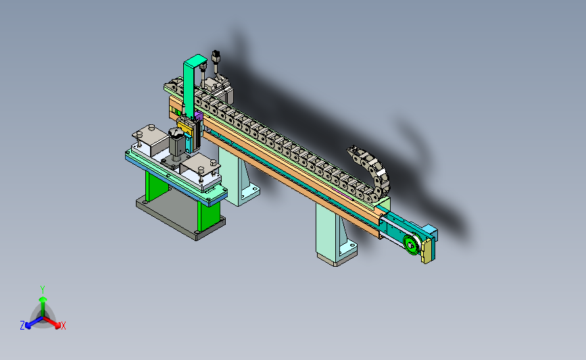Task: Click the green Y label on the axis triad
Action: click(x=42, y=290)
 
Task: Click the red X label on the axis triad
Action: click(x=63, y=326)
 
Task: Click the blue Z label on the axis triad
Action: click(x=22, y=326)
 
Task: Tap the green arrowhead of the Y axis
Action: click(x=43, y=299)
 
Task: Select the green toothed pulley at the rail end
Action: click(x=411, y=245)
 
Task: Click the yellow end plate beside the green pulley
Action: click(x=426, y=251)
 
